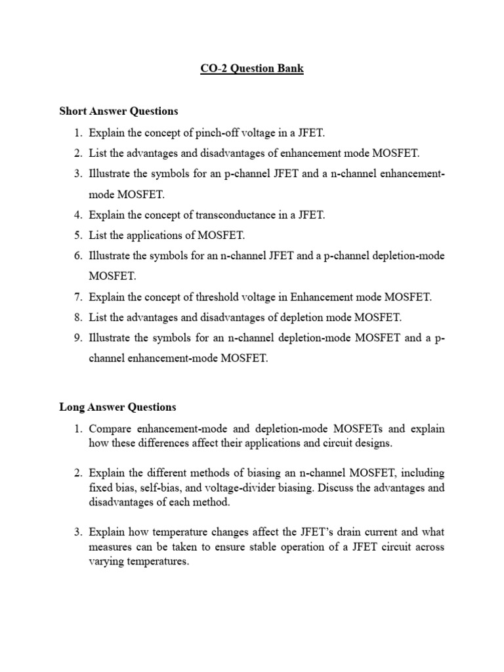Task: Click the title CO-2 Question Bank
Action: point(252,69)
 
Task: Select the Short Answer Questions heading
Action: point(119,111)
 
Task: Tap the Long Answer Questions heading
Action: point(117,407)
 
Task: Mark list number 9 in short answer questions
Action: point(77,338)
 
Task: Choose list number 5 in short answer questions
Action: point(77,235)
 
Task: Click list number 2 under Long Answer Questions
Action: point(77,472)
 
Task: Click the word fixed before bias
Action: point(102,488)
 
